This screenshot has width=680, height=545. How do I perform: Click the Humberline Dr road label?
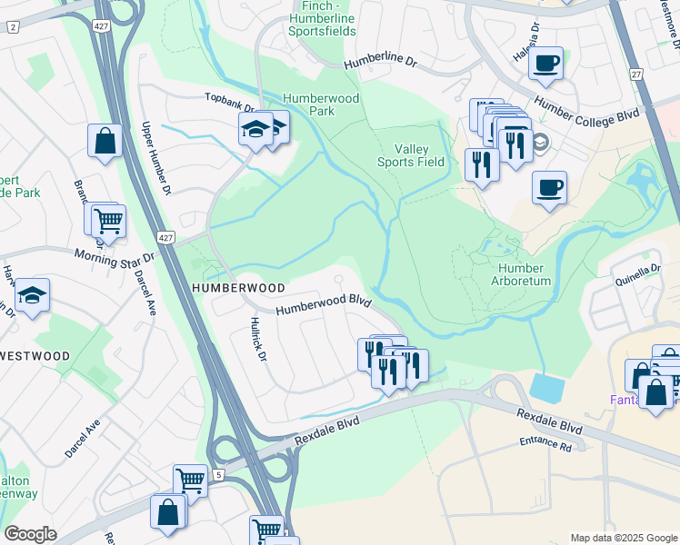click(392, 64)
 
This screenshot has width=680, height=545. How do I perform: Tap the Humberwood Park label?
click(321, 104)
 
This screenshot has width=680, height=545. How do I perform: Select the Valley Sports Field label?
click(411, 155)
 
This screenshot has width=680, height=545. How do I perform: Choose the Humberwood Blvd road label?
click(323, 303)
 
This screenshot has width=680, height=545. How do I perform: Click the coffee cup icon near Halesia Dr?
click(545, 64)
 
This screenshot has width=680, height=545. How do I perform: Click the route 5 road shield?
click(218, 473)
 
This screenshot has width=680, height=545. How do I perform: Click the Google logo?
click(30, 534)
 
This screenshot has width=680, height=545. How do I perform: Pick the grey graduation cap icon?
click(539, 143)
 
